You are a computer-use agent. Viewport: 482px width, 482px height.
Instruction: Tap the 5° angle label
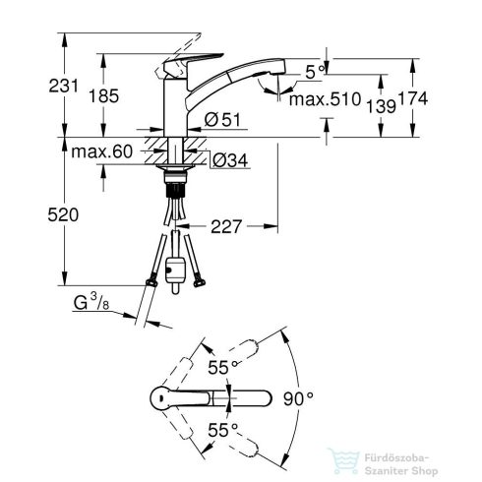click(x=312, y=71)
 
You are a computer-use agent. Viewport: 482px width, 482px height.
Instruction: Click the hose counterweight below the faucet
click(x=177, y=269)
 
